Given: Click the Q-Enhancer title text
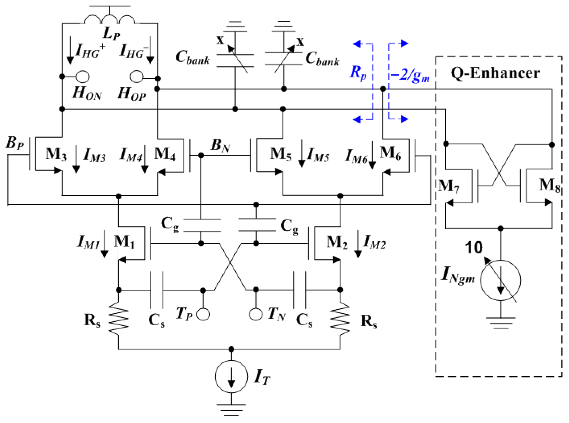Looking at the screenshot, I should coord(495,73).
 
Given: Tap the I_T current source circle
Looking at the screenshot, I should coord(231,376).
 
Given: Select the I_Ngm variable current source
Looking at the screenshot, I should coord(500,280).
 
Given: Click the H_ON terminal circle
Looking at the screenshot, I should coord(83,77).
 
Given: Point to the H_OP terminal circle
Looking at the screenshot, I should coord(136,77).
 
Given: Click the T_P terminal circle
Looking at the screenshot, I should coord(203,314).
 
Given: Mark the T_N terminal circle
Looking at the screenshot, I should coord(255,314).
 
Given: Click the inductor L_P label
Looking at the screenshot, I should coord(111,33).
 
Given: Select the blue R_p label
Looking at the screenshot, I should coord(358,72).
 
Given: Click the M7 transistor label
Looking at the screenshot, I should coord(449,186).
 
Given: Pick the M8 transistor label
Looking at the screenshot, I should coord(549,185).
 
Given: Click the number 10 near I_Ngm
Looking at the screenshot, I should coord(473,247).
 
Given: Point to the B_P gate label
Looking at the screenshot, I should coord(14,143).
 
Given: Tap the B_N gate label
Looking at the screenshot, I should coord(220,145).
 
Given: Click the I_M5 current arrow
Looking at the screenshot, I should coord(302,153).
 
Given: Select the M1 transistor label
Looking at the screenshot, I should coord(124,242).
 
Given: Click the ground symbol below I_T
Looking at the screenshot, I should coord(231,409).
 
